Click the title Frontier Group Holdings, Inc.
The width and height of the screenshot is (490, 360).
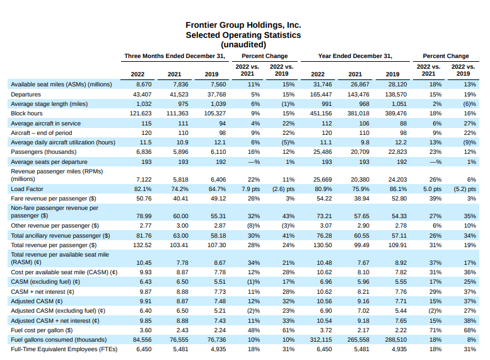[243, 25]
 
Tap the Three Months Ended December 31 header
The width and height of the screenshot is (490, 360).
[175, 55]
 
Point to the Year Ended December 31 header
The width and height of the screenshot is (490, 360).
[355, 55]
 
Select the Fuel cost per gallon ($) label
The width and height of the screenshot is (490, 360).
[40, 329]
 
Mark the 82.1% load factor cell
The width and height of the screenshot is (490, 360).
[143, 188]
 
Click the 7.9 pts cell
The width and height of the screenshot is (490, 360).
[251, 188]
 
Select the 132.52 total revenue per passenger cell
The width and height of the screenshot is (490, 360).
[141, 245]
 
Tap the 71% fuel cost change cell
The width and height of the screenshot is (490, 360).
[435, 329]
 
